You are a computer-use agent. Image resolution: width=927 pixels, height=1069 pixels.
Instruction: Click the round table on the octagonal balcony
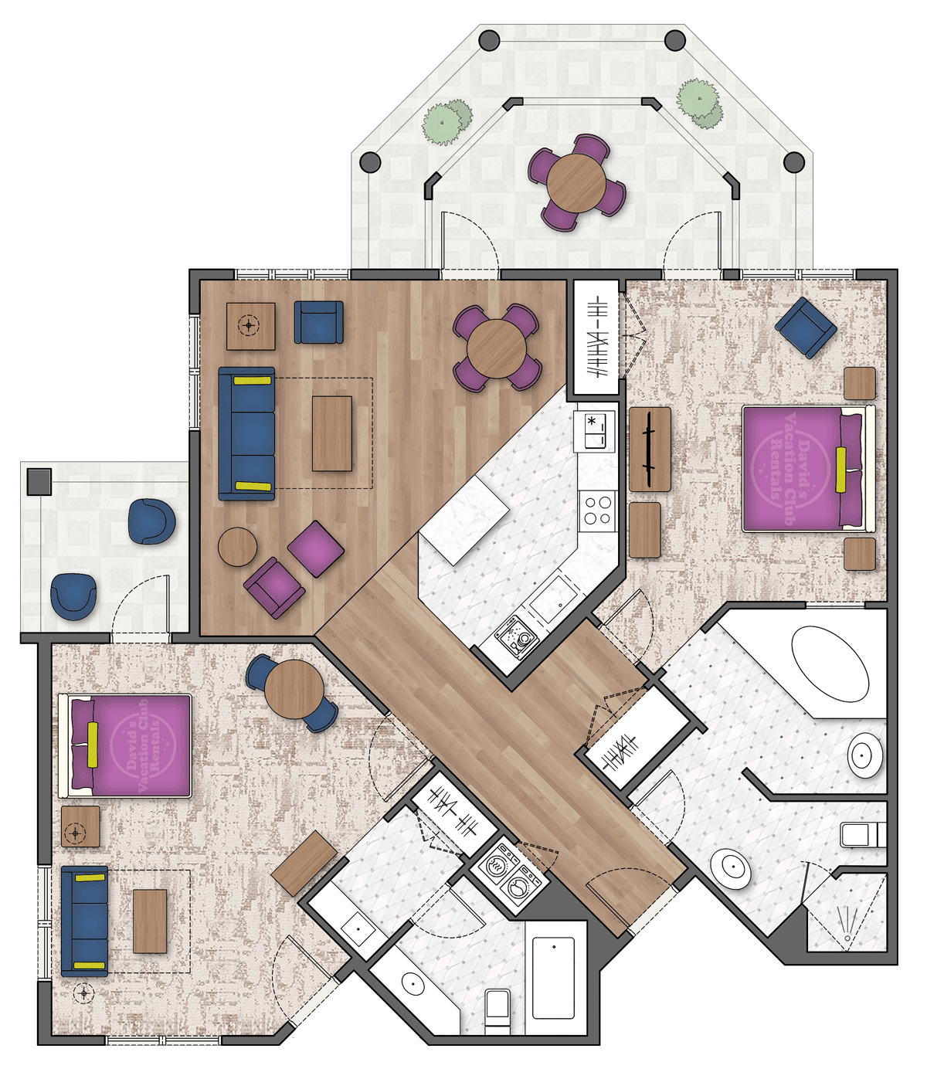576,182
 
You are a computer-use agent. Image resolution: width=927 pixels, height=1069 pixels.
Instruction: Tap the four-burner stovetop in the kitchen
597,511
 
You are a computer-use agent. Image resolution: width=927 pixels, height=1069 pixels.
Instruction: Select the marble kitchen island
463,519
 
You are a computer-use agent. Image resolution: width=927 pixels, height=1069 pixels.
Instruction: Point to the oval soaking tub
830,663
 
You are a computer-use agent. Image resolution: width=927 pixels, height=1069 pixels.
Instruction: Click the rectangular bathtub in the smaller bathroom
553,978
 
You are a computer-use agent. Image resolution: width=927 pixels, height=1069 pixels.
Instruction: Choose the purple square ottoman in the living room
316,548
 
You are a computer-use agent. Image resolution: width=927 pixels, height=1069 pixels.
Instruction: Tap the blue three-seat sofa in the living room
246,433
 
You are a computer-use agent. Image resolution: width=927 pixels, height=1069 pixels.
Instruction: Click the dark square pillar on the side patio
39,481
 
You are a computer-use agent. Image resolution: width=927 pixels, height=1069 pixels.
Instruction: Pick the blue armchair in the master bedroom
806,327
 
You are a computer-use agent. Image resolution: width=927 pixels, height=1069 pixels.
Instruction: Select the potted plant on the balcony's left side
447,122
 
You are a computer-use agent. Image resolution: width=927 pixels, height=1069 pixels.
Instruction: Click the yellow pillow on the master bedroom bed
840,469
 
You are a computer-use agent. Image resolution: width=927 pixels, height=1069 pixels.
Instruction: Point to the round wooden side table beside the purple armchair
237,547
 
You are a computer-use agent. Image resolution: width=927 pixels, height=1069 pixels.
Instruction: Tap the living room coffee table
332,433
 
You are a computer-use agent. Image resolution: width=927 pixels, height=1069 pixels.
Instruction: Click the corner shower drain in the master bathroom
847,938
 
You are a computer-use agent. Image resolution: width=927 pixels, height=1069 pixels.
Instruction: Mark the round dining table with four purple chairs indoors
497,349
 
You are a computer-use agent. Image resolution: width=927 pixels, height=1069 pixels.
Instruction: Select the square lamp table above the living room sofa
250,326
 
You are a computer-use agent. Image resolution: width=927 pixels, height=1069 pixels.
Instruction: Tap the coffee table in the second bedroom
150,921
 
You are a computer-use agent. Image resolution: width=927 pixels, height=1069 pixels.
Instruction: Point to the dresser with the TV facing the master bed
650,450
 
